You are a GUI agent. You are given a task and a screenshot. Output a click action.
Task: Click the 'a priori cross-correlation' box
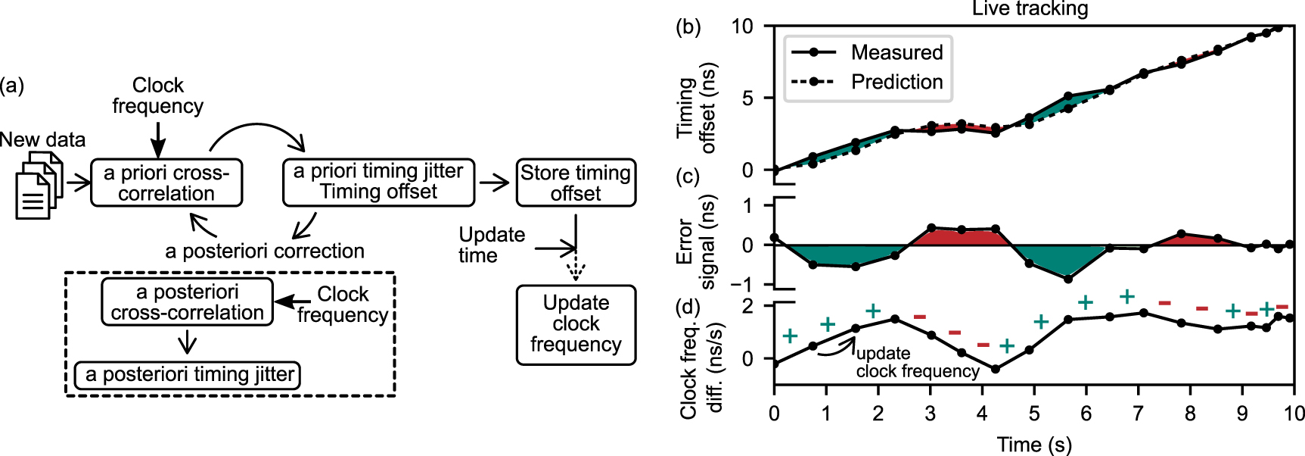166,183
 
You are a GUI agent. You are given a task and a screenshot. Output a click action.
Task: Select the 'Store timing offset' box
576,183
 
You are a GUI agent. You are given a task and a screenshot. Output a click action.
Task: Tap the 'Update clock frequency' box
576,324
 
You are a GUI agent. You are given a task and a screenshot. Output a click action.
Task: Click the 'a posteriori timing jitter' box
188,375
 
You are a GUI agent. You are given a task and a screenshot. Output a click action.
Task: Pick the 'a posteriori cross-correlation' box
187,302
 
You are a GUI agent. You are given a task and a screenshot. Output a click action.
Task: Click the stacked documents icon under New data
37,185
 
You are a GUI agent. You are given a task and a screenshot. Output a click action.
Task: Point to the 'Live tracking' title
1030,9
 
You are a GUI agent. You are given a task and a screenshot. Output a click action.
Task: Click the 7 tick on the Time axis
1137,414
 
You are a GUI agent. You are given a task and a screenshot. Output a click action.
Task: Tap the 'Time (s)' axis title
1033,445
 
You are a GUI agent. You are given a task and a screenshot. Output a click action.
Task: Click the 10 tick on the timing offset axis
742,27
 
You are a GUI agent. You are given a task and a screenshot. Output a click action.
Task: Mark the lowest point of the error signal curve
1067,279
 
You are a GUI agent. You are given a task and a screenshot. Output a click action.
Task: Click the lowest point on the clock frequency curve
996,369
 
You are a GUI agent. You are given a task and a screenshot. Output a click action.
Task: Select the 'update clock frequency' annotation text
917,363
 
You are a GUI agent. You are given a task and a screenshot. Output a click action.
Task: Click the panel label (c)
688,176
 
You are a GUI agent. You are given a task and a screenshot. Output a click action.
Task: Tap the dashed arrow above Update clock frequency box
576,267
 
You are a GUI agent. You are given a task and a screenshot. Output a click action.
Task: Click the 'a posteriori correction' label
265,251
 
